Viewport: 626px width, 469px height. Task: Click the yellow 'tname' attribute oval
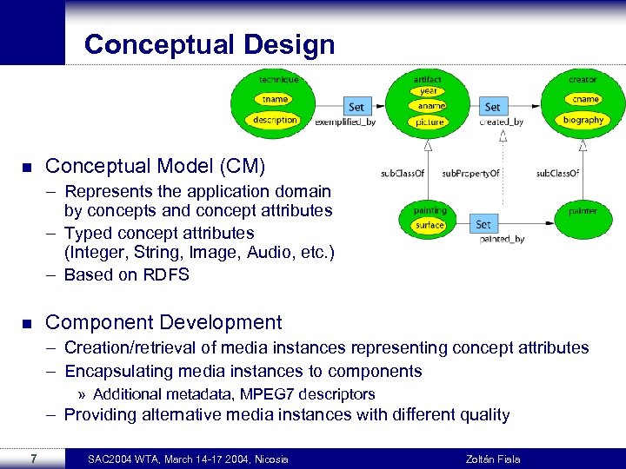click(x=276, y=99)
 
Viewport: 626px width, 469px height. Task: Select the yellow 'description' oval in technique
click(x=276, y=120)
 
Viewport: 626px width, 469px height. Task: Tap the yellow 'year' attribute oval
click(x=429, y=91)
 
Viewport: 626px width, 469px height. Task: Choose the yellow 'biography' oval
click(x=583, y=120)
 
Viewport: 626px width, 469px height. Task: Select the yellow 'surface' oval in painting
click(x=430, y=225)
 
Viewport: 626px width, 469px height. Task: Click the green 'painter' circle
click(x=583, y=211)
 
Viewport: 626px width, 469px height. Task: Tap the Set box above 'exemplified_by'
click(x=356, y=107)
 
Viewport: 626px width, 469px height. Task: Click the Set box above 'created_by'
click(x=493, y=107)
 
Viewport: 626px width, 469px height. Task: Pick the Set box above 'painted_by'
click(x=483, y=224)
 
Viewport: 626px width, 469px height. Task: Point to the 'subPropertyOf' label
click(x=470, y=174)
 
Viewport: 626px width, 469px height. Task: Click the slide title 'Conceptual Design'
click(x=210, y=44)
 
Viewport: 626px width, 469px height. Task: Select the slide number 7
click(x=32, y=459)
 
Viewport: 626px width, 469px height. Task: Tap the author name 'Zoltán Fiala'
click(x=493, y=459)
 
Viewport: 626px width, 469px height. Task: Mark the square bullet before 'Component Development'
click(x=26, y=323)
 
